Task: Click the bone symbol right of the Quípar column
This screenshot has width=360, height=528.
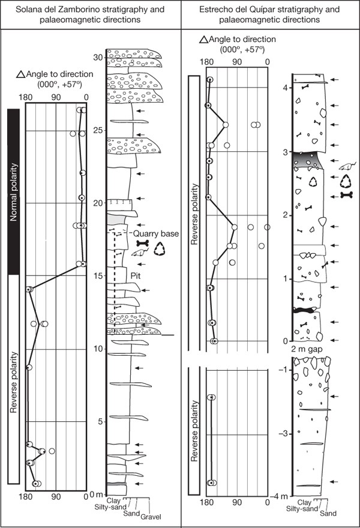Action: coord(346,194)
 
